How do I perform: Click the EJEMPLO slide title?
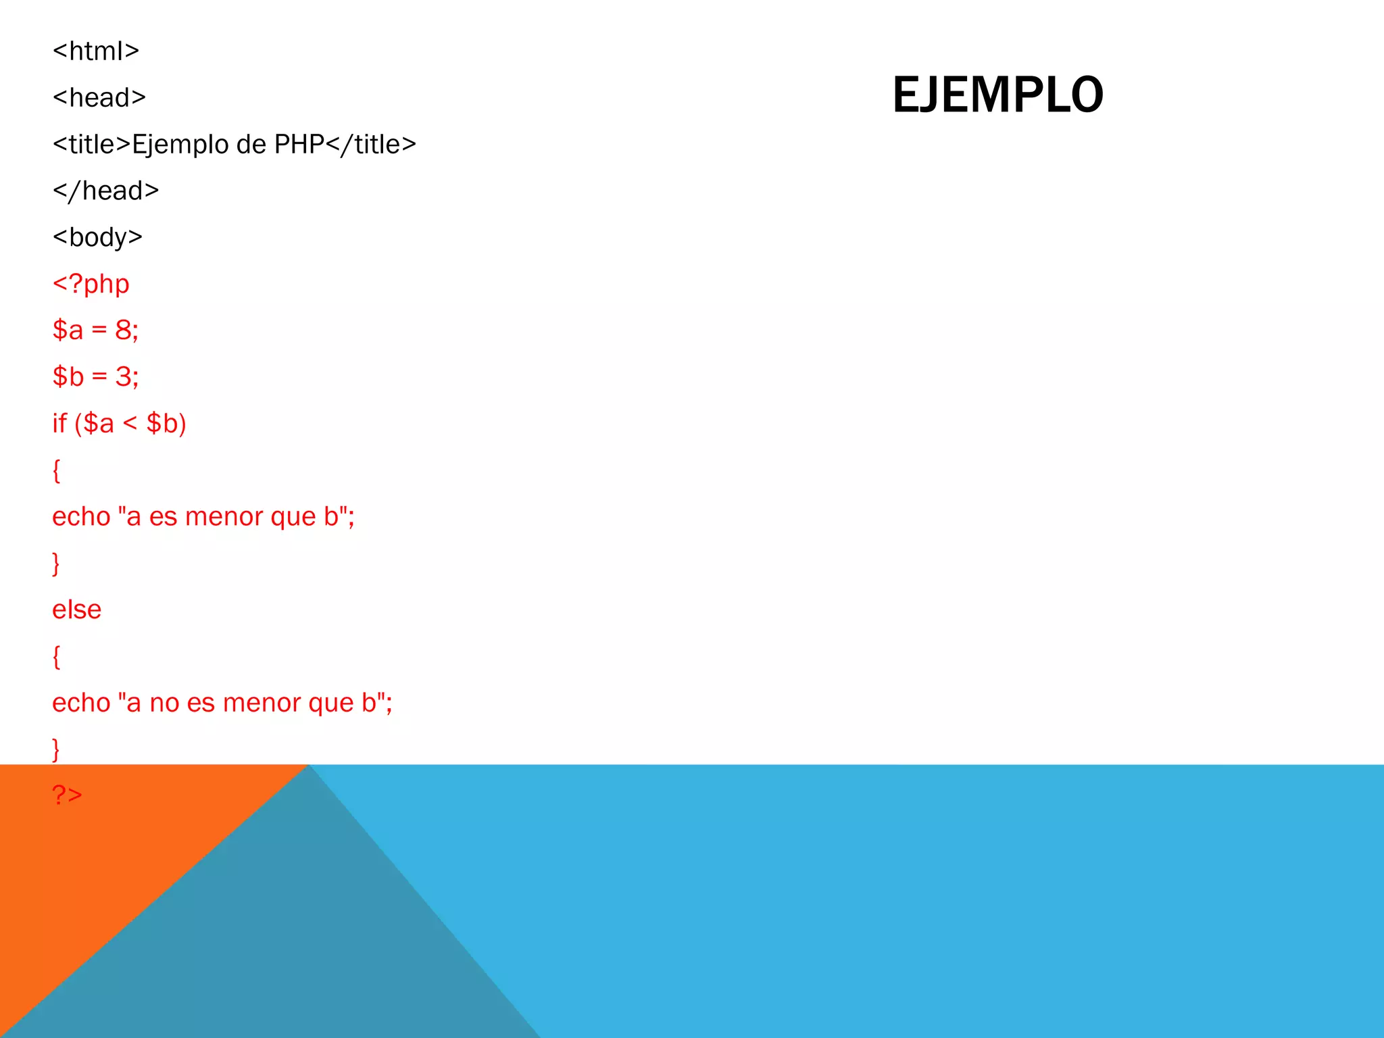(997, 95)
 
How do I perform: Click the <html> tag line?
(96, 51)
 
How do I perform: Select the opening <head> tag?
(99, 98)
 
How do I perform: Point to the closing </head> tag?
(106, 191)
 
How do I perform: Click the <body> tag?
(98, 237)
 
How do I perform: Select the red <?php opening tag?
(91, 284)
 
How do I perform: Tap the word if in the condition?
(59, 423)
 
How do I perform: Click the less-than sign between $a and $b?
(130, 424)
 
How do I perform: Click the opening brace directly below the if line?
(57, 470)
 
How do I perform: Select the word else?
(77, 610)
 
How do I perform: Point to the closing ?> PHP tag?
(68, 795)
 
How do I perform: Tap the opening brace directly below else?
(57, 657)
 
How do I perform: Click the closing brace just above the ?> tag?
(57, 749)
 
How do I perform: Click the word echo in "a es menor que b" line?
(81, 517)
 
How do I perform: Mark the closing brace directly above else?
(57, 564)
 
